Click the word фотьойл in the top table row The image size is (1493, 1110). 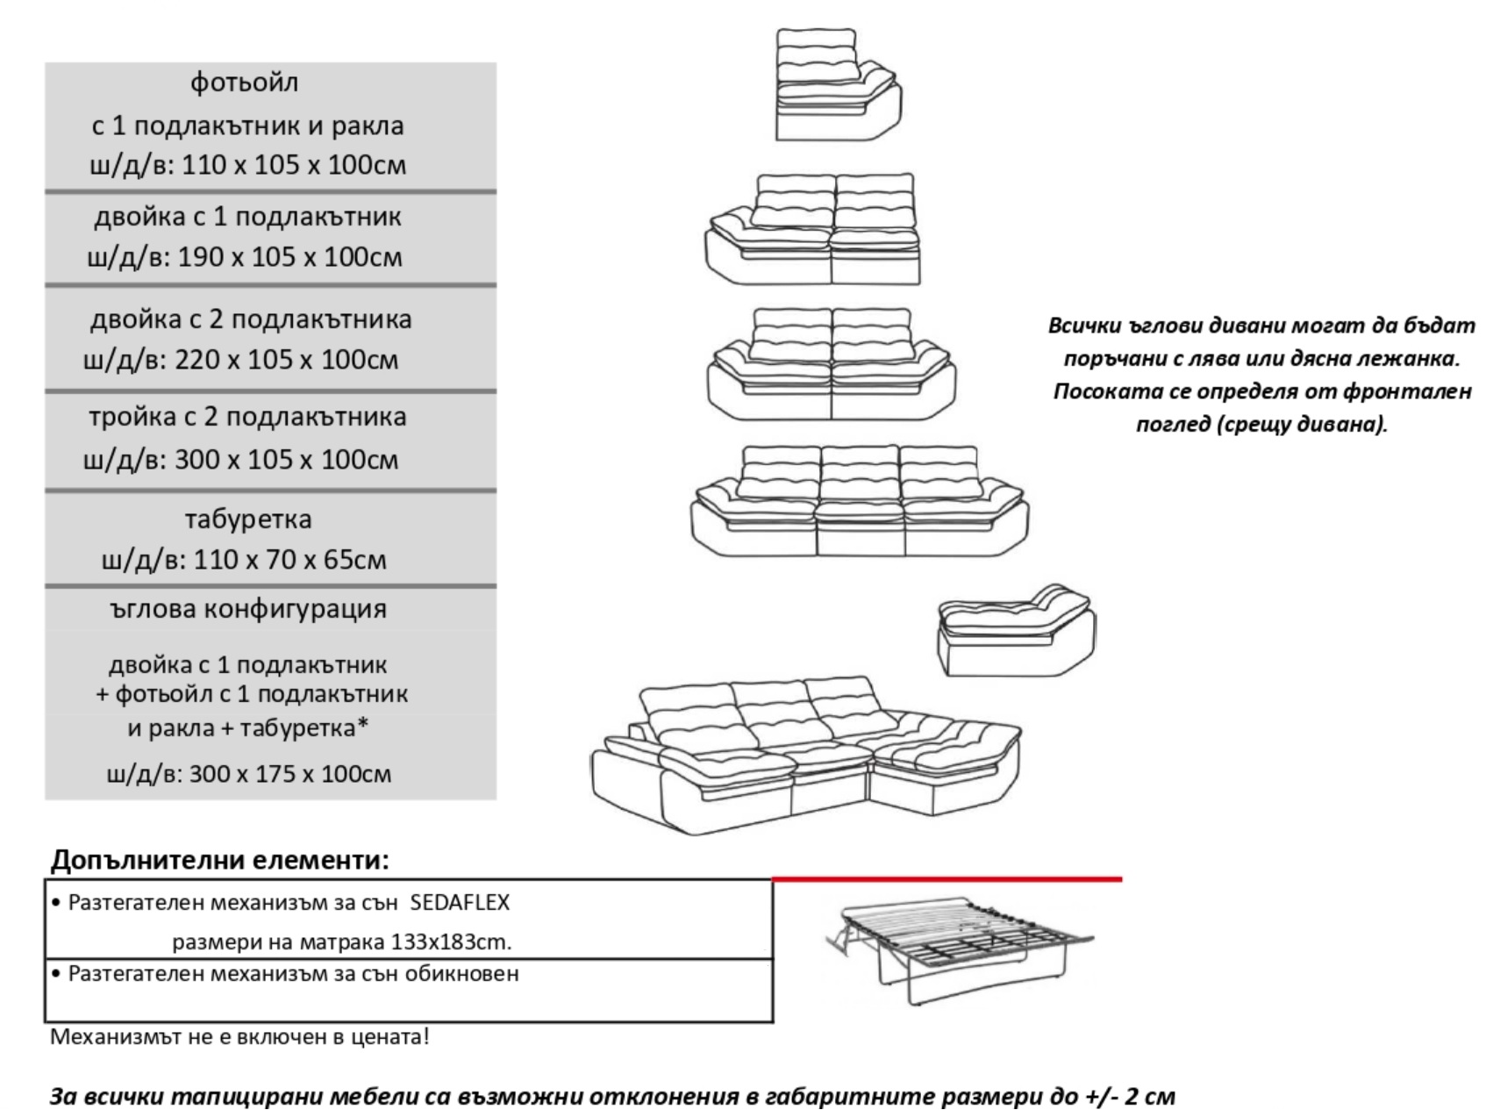[x=245, y=82]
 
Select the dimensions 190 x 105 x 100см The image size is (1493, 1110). [x=290, y=257]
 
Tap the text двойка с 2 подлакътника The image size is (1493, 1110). [x=251, y=319]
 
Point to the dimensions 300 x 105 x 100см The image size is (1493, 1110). [x=287, y=459]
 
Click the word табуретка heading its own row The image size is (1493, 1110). [x=248, y=519]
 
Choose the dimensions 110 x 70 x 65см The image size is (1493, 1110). [x=289, y=559]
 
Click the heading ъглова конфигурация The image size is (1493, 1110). [x=248, y=608]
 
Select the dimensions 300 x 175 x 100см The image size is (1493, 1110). [x=290, y=773]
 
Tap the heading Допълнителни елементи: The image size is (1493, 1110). [x=219, y=859]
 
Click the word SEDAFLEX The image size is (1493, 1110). [x=460, y=902]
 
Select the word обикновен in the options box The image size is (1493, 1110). [x=461, y=973]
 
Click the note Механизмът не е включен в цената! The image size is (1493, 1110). [x=240, y=1036]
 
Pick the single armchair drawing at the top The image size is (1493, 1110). [x=838, y=84]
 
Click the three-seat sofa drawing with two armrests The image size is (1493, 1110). [x=860, y=501]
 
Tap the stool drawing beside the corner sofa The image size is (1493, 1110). [x=1016, y=630]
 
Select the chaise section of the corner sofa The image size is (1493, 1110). [x=943, y=763]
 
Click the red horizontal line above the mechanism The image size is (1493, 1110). [x=947, y=878]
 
